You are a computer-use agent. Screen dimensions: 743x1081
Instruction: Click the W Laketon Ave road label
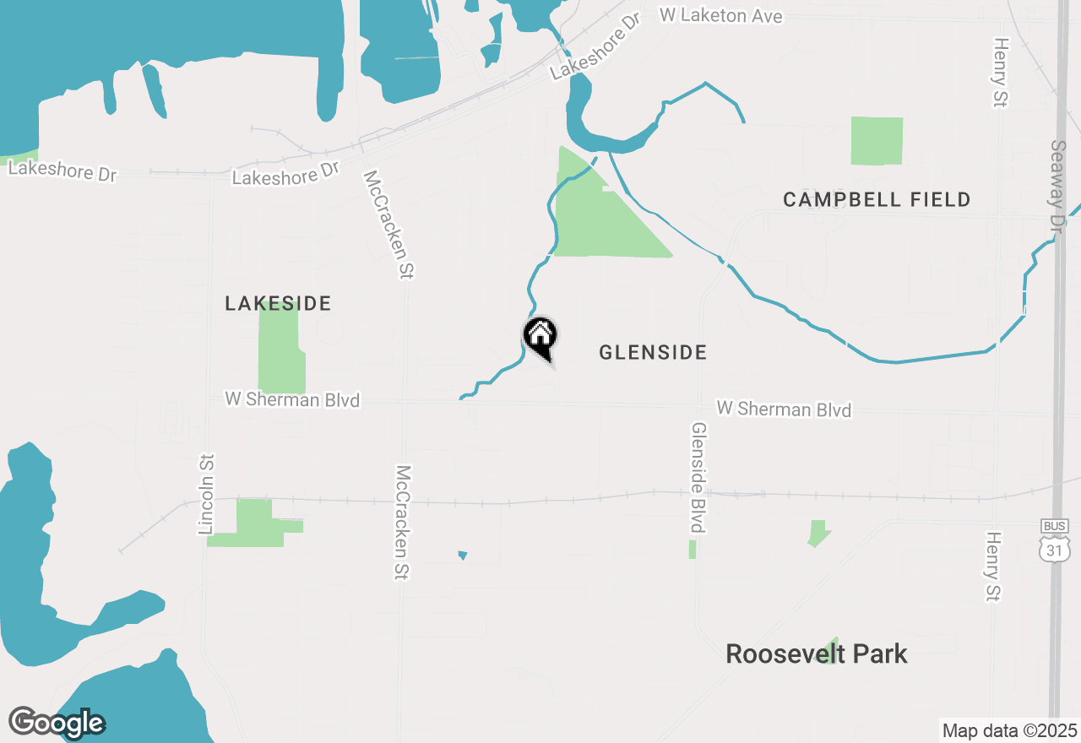click(x=720, y=15)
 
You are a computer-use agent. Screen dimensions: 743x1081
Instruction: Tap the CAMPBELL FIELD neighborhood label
click(x=877, y=200)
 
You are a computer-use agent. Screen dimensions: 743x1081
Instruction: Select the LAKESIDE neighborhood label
click(x=278, y=303)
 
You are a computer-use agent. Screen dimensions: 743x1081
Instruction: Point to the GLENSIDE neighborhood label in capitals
click(x=653, y=353)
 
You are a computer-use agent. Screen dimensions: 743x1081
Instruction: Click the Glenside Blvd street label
click(x=698, y=478)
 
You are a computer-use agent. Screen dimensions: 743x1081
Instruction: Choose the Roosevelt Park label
click(x=817, y=654)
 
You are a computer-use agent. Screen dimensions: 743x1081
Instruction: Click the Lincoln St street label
click(x=207, y=494)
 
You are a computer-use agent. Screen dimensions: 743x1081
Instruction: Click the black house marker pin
click(x=540, y=337)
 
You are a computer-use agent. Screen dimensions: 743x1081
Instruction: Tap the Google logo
click(x=57, y=723)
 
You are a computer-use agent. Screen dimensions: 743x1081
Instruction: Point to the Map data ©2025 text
click(x=1009, y=730)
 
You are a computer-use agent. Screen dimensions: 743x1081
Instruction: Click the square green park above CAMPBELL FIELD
click(x=877, y=141)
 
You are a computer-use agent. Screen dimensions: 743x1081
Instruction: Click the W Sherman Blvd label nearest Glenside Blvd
click(x=784, y=409)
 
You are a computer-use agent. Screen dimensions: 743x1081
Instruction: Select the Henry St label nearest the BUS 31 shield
click(x=993, y=566)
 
